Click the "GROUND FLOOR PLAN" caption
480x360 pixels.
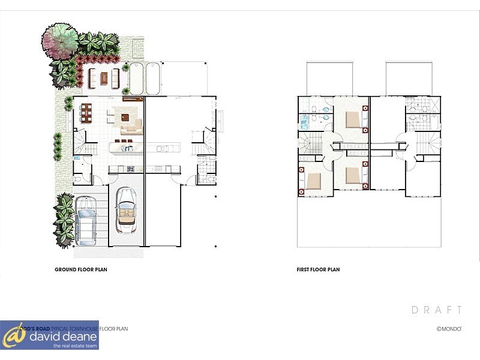80,270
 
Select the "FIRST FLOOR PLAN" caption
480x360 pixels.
318,270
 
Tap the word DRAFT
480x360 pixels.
437,310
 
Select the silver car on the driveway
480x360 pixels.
86,221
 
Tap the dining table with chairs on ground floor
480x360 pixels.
86,112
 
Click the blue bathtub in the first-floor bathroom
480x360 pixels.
304,123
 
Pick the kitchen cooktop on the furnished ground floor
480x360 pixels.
115,169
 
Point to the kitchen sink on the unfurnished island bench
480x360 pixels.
161,147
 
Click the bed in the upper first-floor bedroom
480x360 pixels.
353,120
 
